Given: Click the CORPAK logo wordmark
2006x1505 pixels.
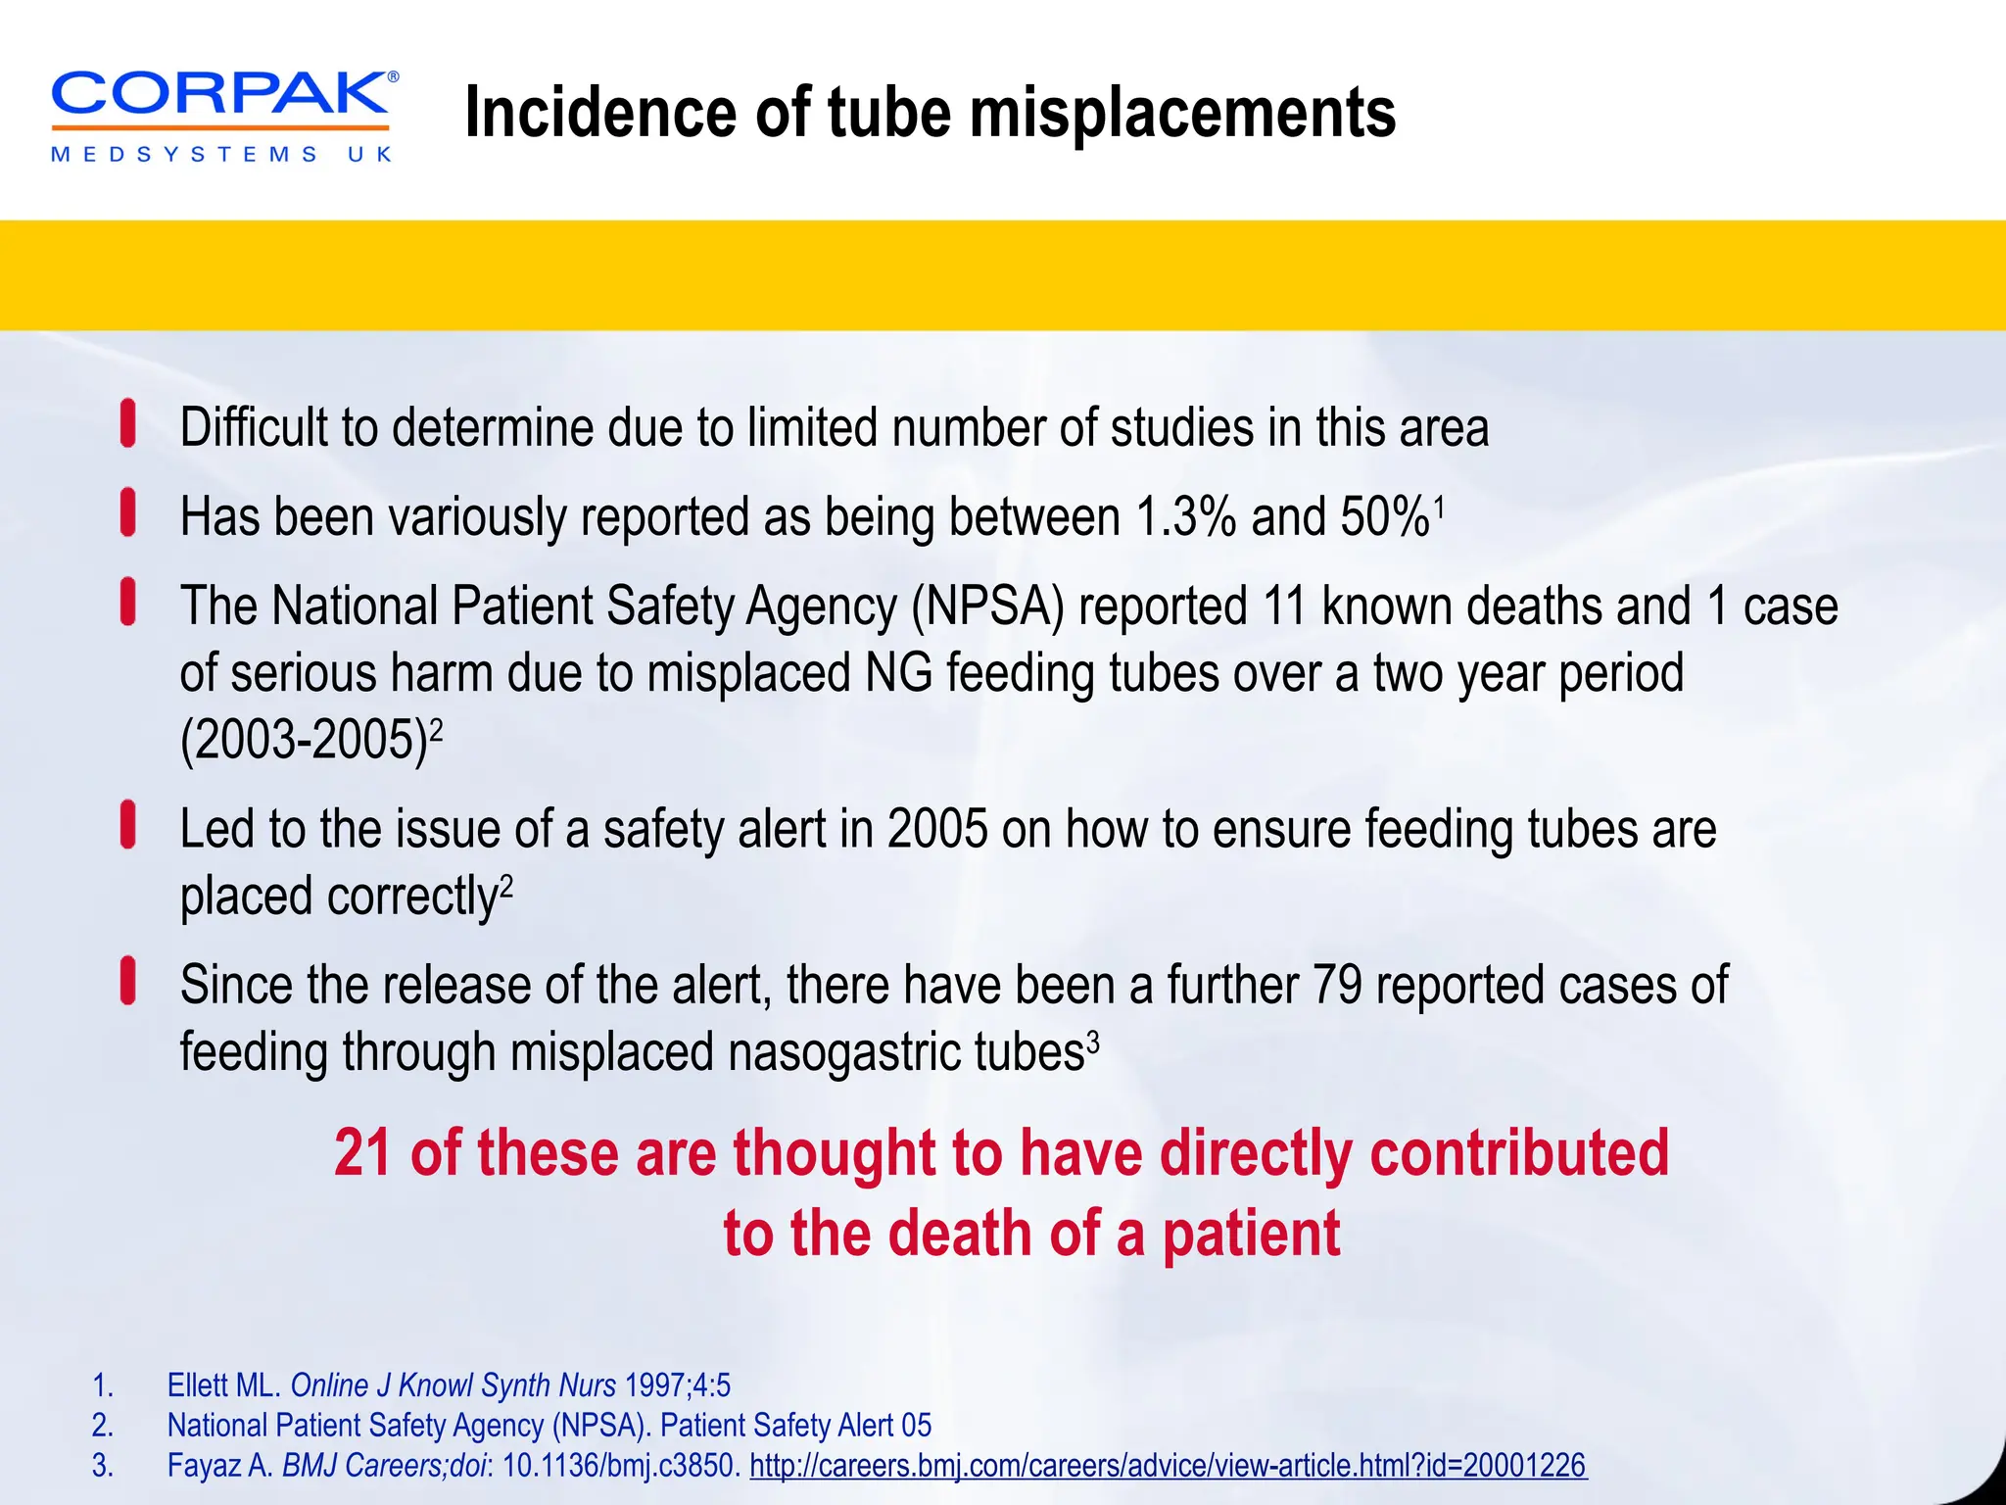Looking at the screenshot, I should (220, 96).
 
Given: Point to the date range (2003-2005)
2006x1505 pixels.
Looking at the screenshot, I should (305, 741).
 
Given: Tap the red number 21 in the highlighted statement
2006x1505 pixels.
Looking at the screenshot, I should (362, 1153).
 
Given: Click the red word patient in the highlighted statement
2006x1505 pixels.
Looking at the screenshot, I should (1251, 1234).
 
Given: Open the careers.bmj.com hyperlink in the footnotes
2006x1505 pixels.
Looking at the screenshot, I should (1167, 1466).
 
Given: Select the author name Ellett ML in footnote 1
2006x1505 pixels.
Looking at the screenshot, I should (223, 1385).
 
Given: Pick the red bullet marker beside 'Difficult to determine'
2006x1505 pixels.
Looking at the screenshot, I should (128, 424).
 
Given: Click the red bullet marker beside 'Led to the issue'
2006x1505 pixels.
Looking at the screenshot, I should (128, 825).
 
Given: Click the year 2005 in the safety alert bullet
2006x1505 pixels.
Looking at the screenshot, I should (937, 830).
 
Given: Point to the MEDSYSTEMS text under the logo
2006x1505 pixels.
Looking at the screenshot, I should (185, 155).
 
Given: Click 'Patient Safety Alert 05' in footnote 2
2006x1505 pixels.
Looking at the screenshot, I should (795, 1426).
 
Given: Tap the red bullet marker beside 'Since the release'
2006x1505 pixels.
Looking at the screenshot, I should (128, 982).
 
